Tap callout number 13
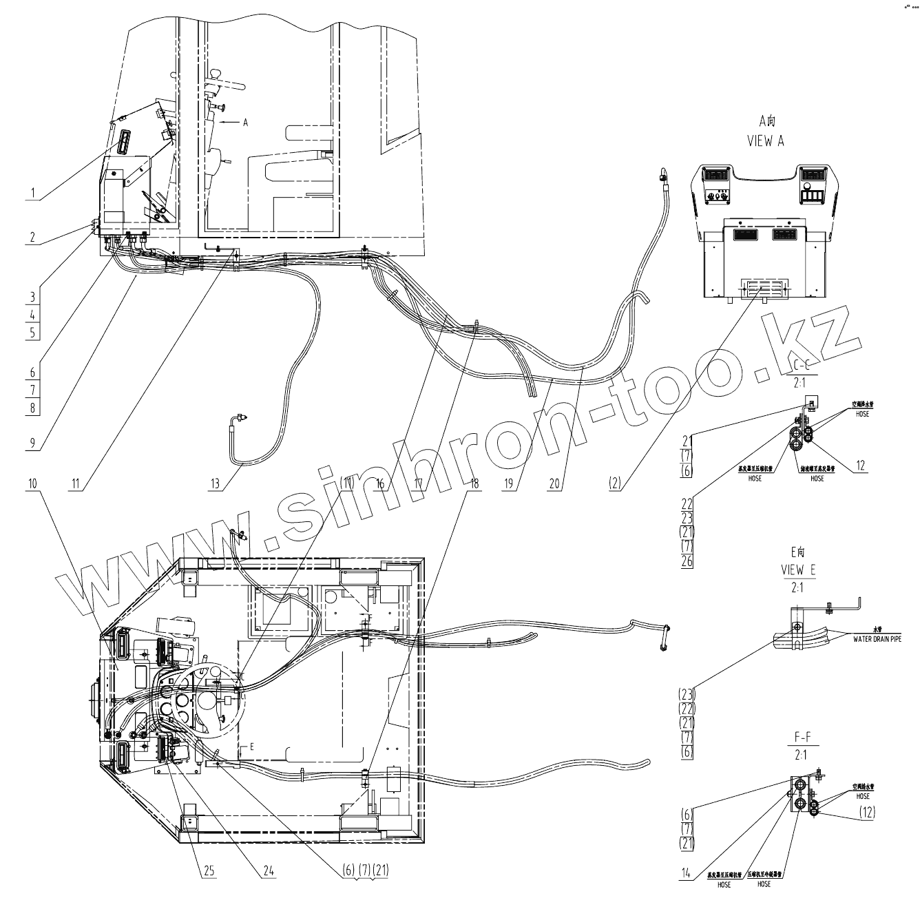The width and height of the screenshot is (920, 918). [216, 484]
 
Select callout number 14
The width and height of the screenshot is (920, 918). [685, 875]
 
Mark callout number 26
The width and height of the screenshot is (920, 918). [687, 561]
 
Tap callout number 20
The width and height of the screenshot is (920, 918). [554, 483]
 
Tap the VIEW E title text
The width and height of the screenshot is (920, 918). [797, 570]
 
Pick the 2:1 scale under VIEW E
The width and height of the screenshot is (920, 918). [797, 587]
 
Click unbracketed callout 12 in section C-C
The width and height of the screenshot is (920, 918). [860, 466]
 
